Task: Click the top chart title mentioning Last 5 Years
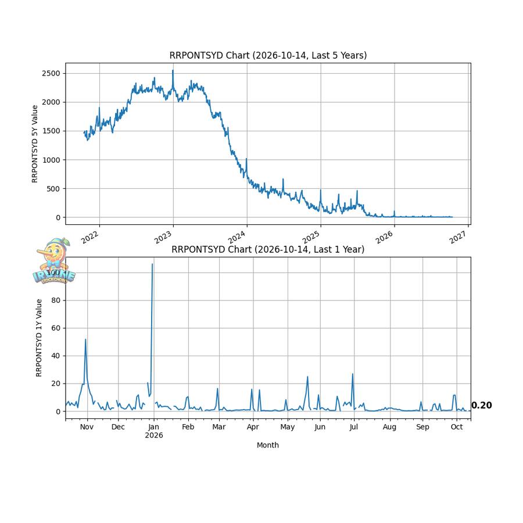(x=268, y=55)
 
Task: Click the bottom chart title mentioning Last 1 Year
(x=268, y=249)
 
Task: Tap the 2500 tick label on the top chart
(x=51, y=73)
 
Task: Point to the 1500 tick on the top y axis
(x=51, y=131)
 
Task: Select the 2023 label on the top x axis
(x=163, y=237)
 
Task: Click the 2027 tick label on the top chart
(x=458, y=237)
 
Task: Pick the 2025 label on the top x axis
(x=310, y=237)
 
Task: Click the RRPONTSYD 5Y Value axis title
(x=35, y=144)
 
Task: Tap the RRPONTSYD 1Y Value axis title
(x=39, y=338)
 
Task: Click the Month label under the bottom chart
(x=268, y=445)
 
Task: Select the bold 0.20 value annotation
(x=481, y=405)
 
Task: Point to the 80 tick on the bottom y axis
(x=56, y=300)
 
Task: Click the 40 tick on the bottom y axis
(x=56, y=356)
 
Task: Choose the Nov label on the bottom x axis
(x=87, y=427)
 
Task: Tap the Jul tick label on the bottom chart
(x=354, y=427)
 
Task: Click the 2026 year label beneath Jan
(x=154, y=435)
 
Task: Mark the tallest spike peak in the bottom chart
(x=152, y=264)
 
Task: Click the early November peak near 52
(x=85, y=339)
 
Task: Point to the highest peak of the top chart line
(x=173, y=70)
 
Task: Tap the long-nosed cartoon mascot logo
(x=54, y=261)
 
